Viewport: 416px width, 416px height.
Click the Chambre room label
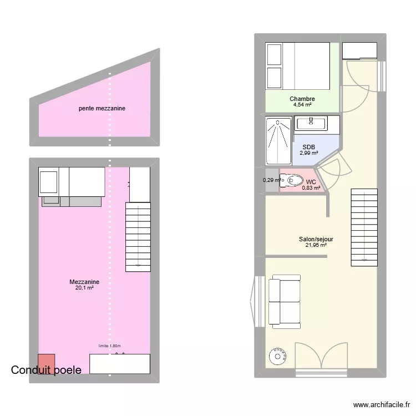click(302, 99)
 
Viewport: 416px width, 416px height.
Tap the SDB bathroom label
click(308, 147)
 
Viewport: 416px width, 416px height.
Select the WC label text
click(311, 181)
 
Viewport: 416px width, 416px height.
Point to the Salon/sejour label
click(316, 239)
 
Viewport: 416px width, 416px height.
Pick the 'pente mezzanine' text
click(102, 109)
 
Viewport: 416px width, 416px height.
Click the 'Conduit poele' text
click(46, 370)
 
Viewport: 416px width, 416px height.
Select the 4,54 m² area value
click(302, 105)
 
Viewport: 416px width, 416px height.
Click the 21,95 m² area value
click(316, 245)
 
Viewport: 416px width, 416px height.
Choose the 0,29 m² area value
click(271, 180)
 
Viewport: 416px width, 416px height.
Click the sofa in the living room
click(285, 302)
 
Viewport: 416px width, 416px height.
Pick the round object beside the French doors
click(277, 356)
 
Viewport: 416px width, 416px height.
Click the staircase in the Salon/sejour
click(364, 227)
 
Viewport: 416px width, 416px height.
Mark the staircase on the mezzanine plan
click(138, 237)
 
